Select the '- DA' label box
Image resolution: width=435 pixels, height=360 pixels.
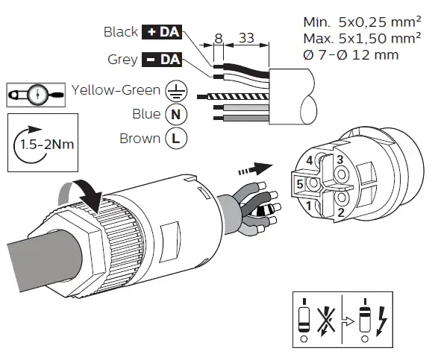(x=162, y=59)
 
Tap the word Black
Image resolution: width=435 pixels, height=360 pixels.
(x=121, y=31)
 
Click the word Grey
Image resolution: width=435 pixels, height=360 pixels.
(x=123, y=59)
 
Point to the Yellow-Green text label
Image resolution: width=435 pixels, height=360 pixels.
(x=116, y=90)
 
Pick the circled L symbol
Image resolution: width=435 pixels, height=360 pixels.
(x=176, y=139)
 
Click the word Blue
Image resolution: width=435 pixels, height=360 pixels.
(x=146, y=114)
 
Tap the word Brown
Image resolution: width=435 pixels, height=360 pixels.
(x=140, y=139)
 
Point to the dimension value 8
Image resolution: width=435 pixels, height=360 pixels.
(x=217, y=37)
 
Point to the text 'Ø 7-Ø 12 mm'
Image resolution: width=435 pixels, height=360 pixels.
(x=351, y=54)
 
